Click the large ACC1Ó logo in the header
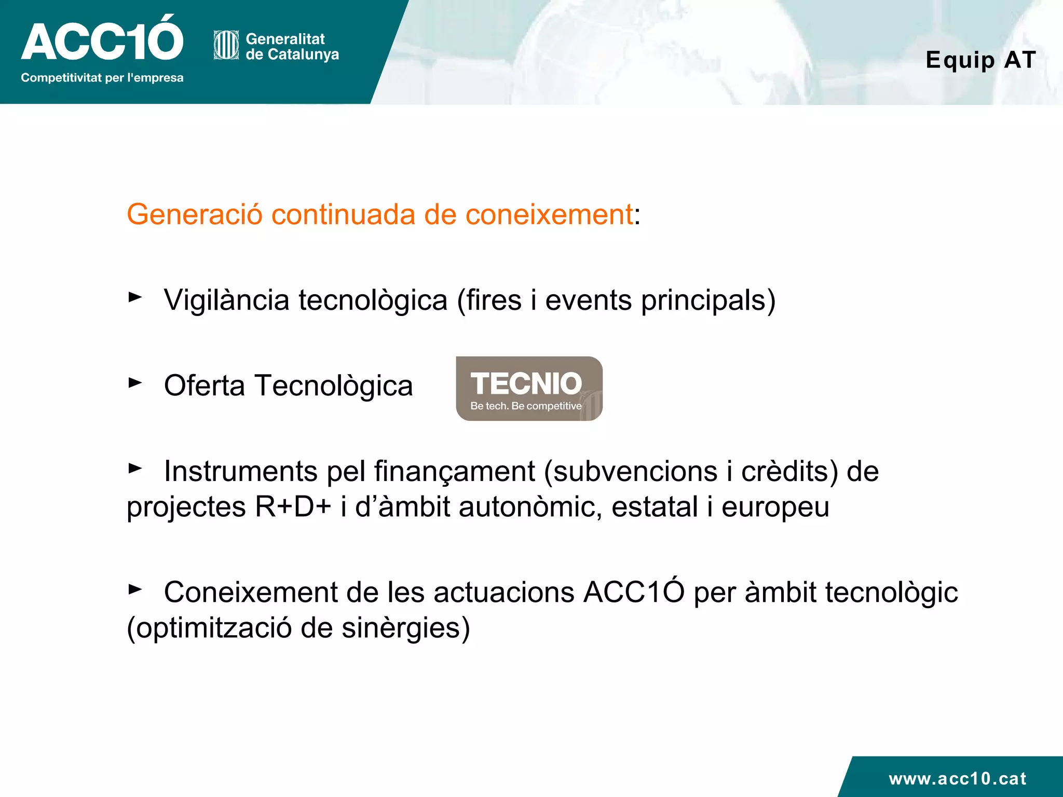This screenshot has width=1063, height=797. (x=102, y=39)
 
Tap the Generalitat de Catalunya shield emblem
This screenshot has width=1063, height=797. (x=226, y=46)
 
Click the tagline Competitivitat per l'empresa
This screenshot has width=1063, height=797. (x=102, y=78)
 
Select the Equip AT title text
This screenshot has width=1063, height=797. (x=980, y=60)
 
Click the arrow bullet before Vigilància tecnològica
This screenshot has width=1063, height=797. (x=135, y=297)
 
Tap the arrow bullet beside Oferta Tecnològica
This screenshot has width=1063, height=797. (x=135, y=383)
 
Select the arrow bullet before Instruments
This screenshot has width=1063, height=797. (x=135, y=468)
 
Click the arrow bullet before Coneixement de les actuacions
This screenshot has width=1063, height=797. (x=135, y=589)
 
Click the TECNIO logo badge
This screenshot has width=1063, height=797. (x=529, y=389)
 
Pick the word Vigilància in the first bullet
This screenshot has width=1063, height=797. (x=226, y=300)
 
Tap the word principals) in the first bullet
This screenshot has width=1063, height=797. (x=708, y=300)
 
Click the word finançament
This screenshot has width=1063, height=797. (x=454, y=472)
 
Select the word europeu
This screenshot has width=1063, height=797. (x=775, y=507)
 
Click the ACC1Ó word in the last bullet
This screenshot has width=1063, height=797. (x=634, y=592)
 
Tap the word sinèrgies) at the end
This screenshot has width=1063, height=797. (x=405, y=628)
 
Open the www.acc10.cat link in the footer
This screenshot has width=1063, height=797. (x=957, y=778)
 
